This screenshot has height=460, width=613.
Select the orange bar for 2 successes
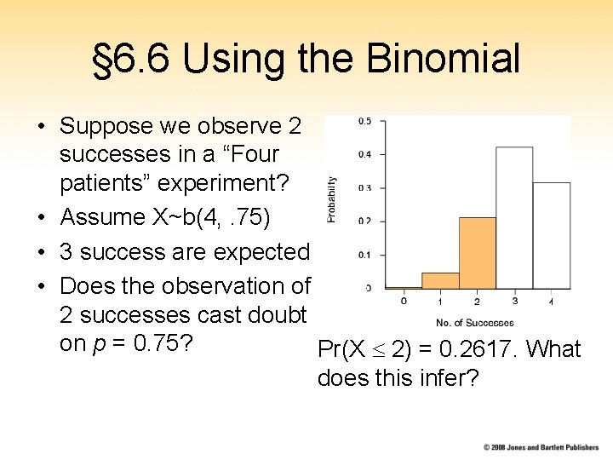pyautogui.click(x=478, y=253)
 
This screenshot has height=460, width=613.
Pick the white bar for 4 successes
pyautogui.click(x=552, y=235)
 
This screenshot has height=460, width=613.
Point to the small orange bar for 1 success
pyautogui.click(x=440, y=281)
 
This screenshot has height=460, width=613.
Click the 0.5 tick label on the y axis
pyautogui.click(x=364, y=121)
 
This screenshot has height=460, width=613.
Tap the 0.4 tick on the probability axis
pyautogui.click(x=364, y=154)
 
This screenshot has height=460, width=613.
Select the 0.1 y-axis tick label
pyautogui.click(x=364, y=255)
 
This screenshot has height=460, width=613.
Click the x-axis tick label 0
pyautogui.click(x=404, y=301)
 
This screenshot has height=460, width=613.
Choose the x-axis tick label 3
pyautogui.click(x=514, y=301)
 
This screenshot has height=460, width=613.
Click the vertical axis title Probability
pyautogui.click(x=332, y=199)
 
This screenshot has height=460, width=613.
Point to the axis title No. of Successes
pyautogui.click(x=475, y=323)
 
